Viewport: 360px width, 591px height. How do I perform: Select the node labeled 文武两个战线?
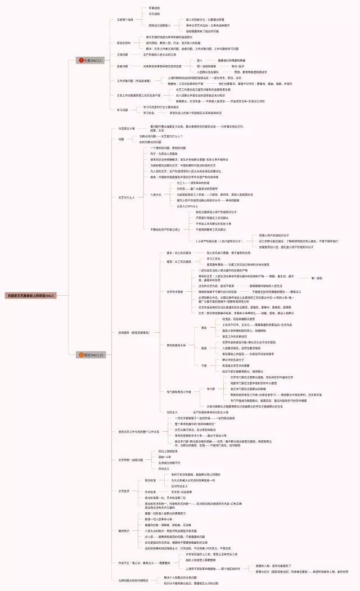pyautogui.click(x=125, y=19)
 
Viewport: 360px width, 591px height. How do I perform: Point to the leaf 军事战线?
pyautogui.click(x=154, y=8)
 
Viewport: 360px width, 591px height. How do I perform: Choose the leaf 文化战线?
pyautogui.click(x=154, y=13)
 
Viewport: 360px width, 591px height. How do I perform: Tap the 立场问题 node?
pyautogui.click(x=122, y=55)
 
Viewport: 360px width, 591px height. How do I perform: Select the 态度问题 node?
pyautogui.click(x=122, y=66)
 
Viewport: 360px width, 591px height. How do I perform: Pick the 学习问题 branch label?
pyautogui.click(x=122, y=110)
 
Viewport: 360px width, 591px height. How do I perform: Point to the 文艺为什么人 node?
pyautogui.click(x=126, y=197)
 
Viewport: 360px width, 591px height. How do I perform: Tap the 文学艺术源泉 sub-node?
pyautogui.click(x=175, y=291)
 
